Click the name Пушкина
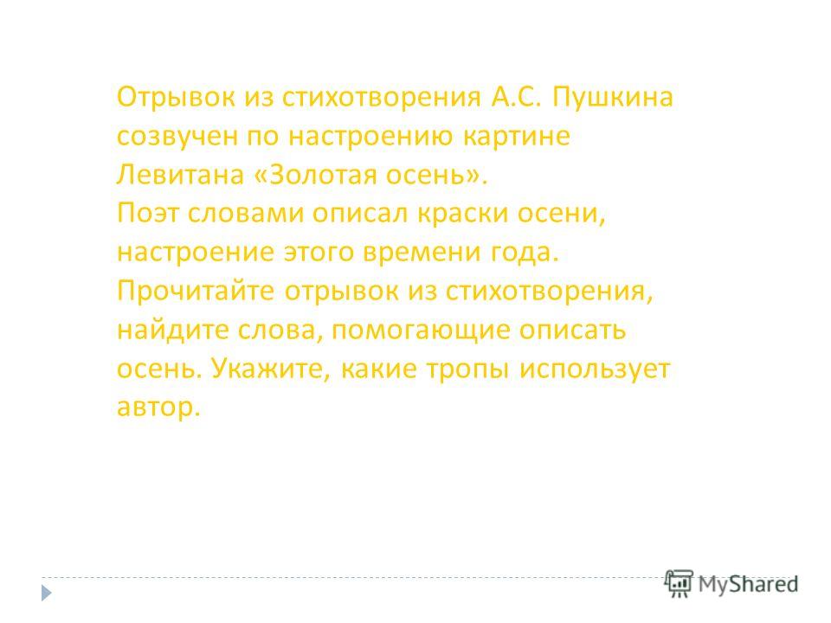[613, 99]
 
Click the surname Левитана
[180, 174]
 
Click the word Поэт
[148, 213]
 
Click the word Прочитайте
[196, 292]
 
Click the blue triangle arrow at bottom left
[47, 592]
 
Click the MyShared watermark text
[748, 585]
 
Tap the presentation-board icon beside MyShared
[679, 583]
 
